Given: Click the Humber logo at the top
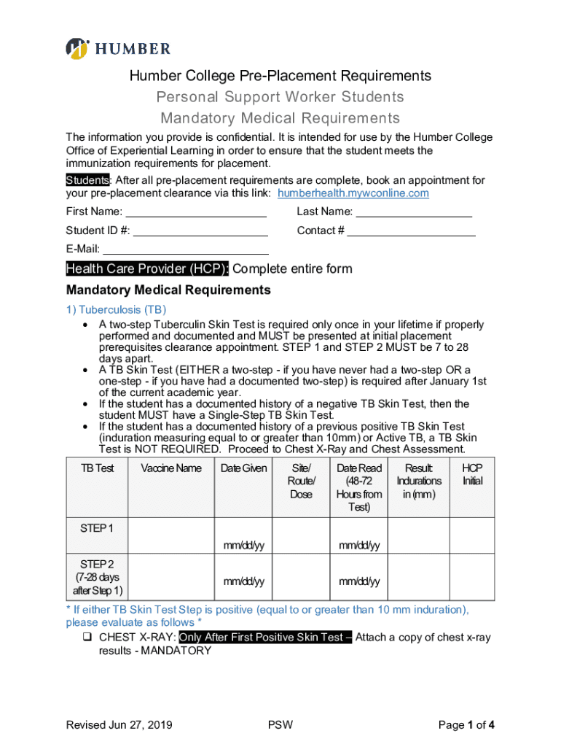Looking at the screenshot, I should (118, 48).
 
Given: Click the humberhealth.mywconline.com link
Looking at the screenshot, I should (353, 193).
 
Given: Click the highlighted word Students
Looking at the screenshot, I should (88, 180).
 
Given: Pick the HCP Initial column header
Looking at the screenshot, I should (472, 474).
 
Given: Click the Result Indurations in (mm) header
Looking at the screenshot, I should (419, 481).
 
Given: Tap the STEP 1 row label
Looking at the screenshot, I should (96, 527).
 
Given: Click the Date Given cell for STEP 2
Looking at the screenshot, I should (243, 581).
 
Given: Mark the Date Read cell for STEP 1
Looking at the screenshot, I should (358, 545).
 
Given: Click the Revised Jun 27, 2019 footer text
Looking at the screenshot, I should (119, 724).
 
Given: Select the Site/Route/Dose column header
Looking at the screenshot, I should (301, 481).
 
